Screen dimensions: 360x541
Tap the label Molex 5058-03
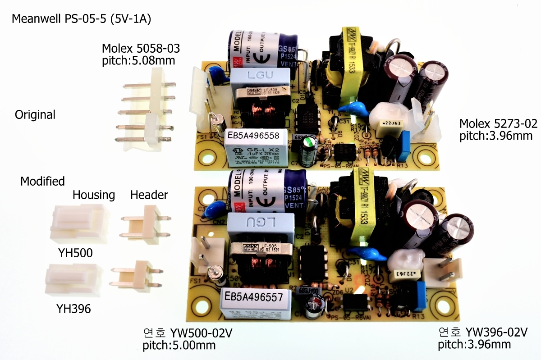click(138, 48)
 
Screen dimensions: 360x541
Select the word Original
click(35, 114)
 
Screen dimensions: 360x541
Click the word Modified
click(42, 181)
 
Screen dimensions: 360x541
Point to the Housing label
click(94, 195)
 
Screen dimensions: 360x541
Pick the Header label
click(149, 195)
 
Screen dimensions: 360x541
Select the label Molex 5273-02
click(495, 123)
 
